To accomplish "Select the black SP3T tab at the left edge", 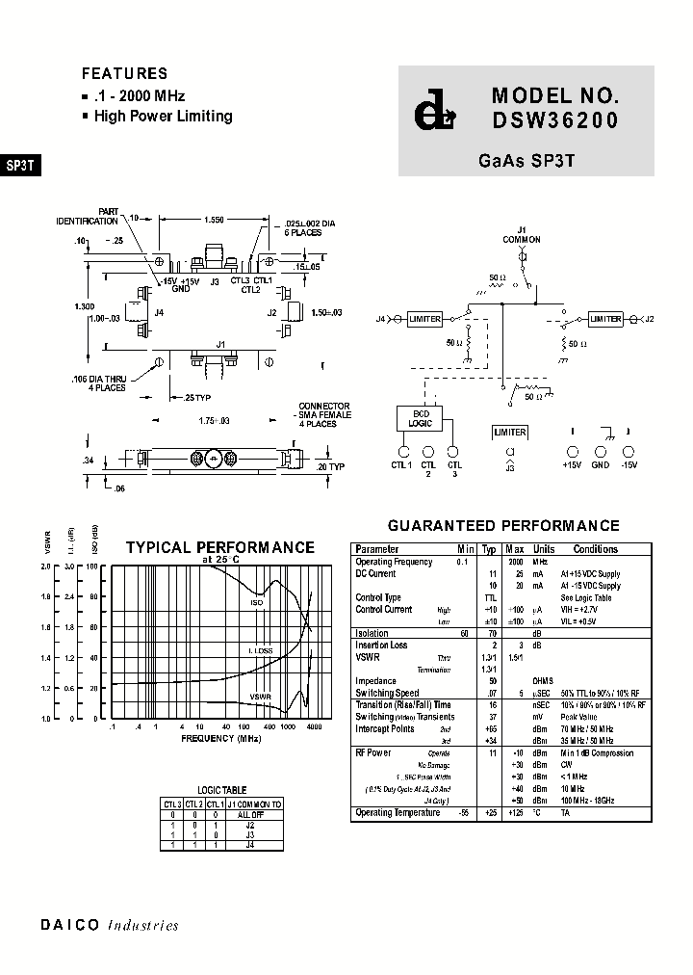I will point(20,165).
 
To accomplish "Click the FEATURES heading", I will point(124,73).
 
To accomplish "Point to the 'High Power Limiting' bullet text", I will point(163,117).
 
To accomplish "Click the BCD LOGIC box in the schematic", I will point(420,417).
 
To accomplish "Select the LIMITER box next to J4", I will point(424,319).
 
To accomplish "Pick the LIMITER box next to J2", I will point(605,319).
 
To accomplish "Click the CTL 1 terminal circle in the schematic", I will point(403,451).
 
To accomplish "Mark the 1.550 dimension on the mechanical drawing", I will point(214,220).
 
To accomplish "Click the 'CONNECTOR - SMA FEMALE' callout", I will point(324,414).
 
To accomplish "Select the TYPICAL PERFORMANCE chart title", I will point(219,547).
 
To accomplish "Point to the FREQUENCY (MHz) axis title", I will point(221,738).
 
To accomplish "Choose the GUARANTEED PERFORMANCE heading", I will point(503,526).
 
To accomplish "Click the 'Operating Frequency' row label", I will point(395,562).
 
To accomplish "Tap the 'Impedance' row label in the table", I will point(375,681).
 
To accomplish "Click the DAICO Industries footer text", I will point(110,925).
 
